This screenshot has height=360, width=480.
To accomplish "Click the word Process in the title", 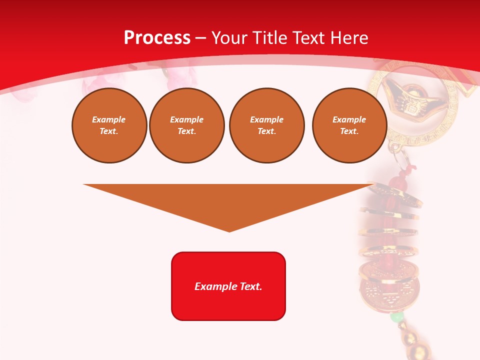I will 157,37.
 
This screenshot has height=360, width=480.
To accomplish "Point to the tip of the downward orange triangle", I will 229,230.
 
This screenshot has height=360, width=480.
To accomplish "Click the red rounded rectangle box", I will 228,305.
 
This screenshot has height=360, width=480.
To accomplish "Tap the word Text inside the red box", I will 250,286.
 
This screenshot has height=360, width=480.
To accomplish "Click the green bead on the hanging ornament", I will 397,317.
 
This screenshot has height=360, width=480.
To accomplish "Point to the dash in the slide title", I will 200,38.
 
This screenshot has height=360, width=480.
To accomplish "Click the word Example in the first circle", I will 109,119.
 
